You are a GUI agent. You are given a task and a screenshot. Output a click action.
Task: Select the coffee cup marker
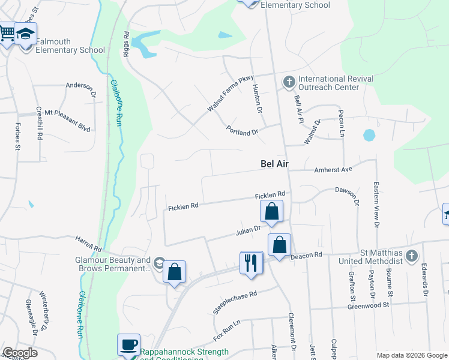(128, 345)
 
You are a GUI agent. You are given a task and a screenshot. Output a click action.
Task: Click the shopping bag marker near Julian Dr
(271, 211)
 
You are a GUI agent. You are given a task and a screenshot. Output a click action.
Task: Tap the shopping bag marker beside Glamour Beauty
(174, 272)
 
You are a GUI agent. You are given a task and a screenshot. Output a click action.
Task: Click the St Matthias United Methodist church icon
(411, 256)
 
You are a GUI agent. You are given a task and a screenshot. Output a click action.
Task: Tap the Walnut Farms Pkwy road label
(231, 93)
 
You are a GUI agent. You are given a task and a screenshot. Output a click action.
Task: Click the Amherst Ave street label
(333, 170)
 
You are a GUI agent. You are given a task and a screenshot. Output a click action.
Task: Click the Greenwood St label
(370, 305)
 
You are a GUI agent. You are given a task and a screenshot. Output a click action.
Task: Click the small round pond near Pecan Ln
(369, 135)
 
